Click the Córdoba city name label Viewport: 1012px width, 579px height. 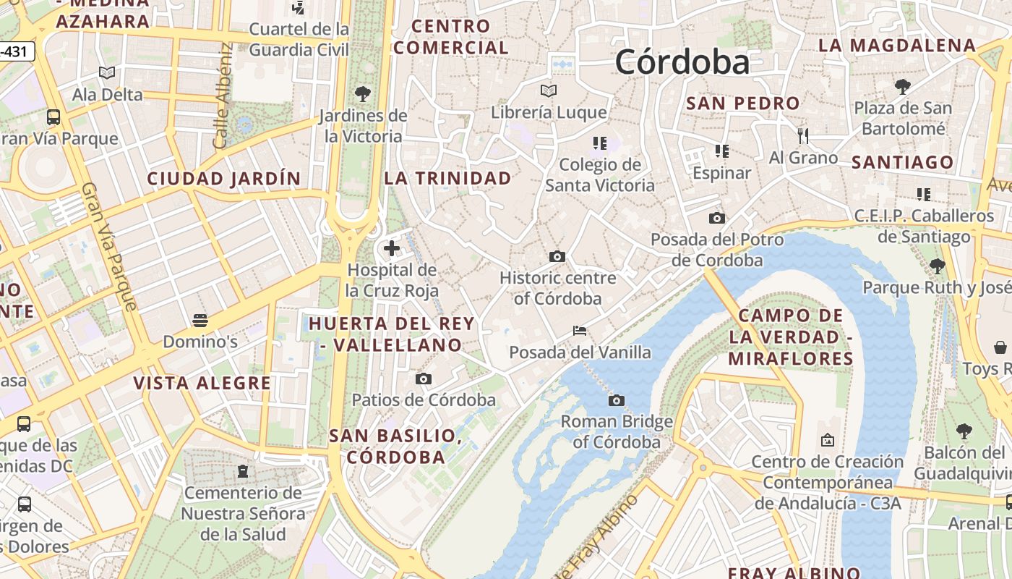click(x=682, y=62)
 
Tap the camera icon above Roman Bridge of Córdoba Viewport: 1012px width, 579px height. click(x=616, y=400)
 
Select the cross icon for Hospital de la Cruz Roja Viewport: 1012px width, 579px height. click(x=391, y=248)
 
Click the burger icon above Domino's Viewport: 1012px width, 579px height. click(x=200, y=320)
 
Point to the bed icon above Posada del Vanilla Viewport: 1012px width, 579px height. click(x=579, y=331)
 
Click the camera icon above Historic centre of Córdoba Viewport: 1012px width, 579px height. click(x=557, y=256)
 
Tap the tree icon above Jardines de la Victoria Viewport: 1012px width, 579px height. click(x=362, y=93)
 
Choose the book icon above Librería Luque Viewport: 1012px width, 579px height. click(x=549, y=90)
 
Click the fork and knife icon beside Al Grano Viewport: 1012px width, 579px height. click(x=802, y=136)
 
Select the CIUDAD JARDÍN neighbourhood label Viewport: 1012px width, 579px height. click(x=224, y=178)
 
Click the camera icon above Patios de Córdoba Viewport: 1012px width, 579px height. click(x=424, y=379)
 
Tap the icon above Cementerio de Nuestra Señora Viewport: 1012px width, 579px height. click(x=243, y=471)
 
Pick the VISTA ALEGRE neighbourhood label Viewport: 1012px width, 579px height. click(x=202, y=383)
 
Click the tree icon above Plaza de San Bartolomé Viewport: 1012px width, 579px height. click(x=902, y=87)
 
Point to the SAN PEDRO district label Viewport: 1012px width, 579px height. click(x=743, y=103)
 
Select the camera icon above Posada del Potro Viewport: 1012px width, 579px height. click(x=716, y=218)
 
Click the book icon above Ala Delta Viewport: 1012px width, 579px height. click(x=107, y=72)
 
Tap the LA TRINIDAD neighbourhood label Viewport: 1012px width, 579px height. click(x=447, y=177)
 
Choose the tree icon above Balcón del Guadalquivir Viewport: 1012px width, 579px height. click(x=964, y=431)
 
